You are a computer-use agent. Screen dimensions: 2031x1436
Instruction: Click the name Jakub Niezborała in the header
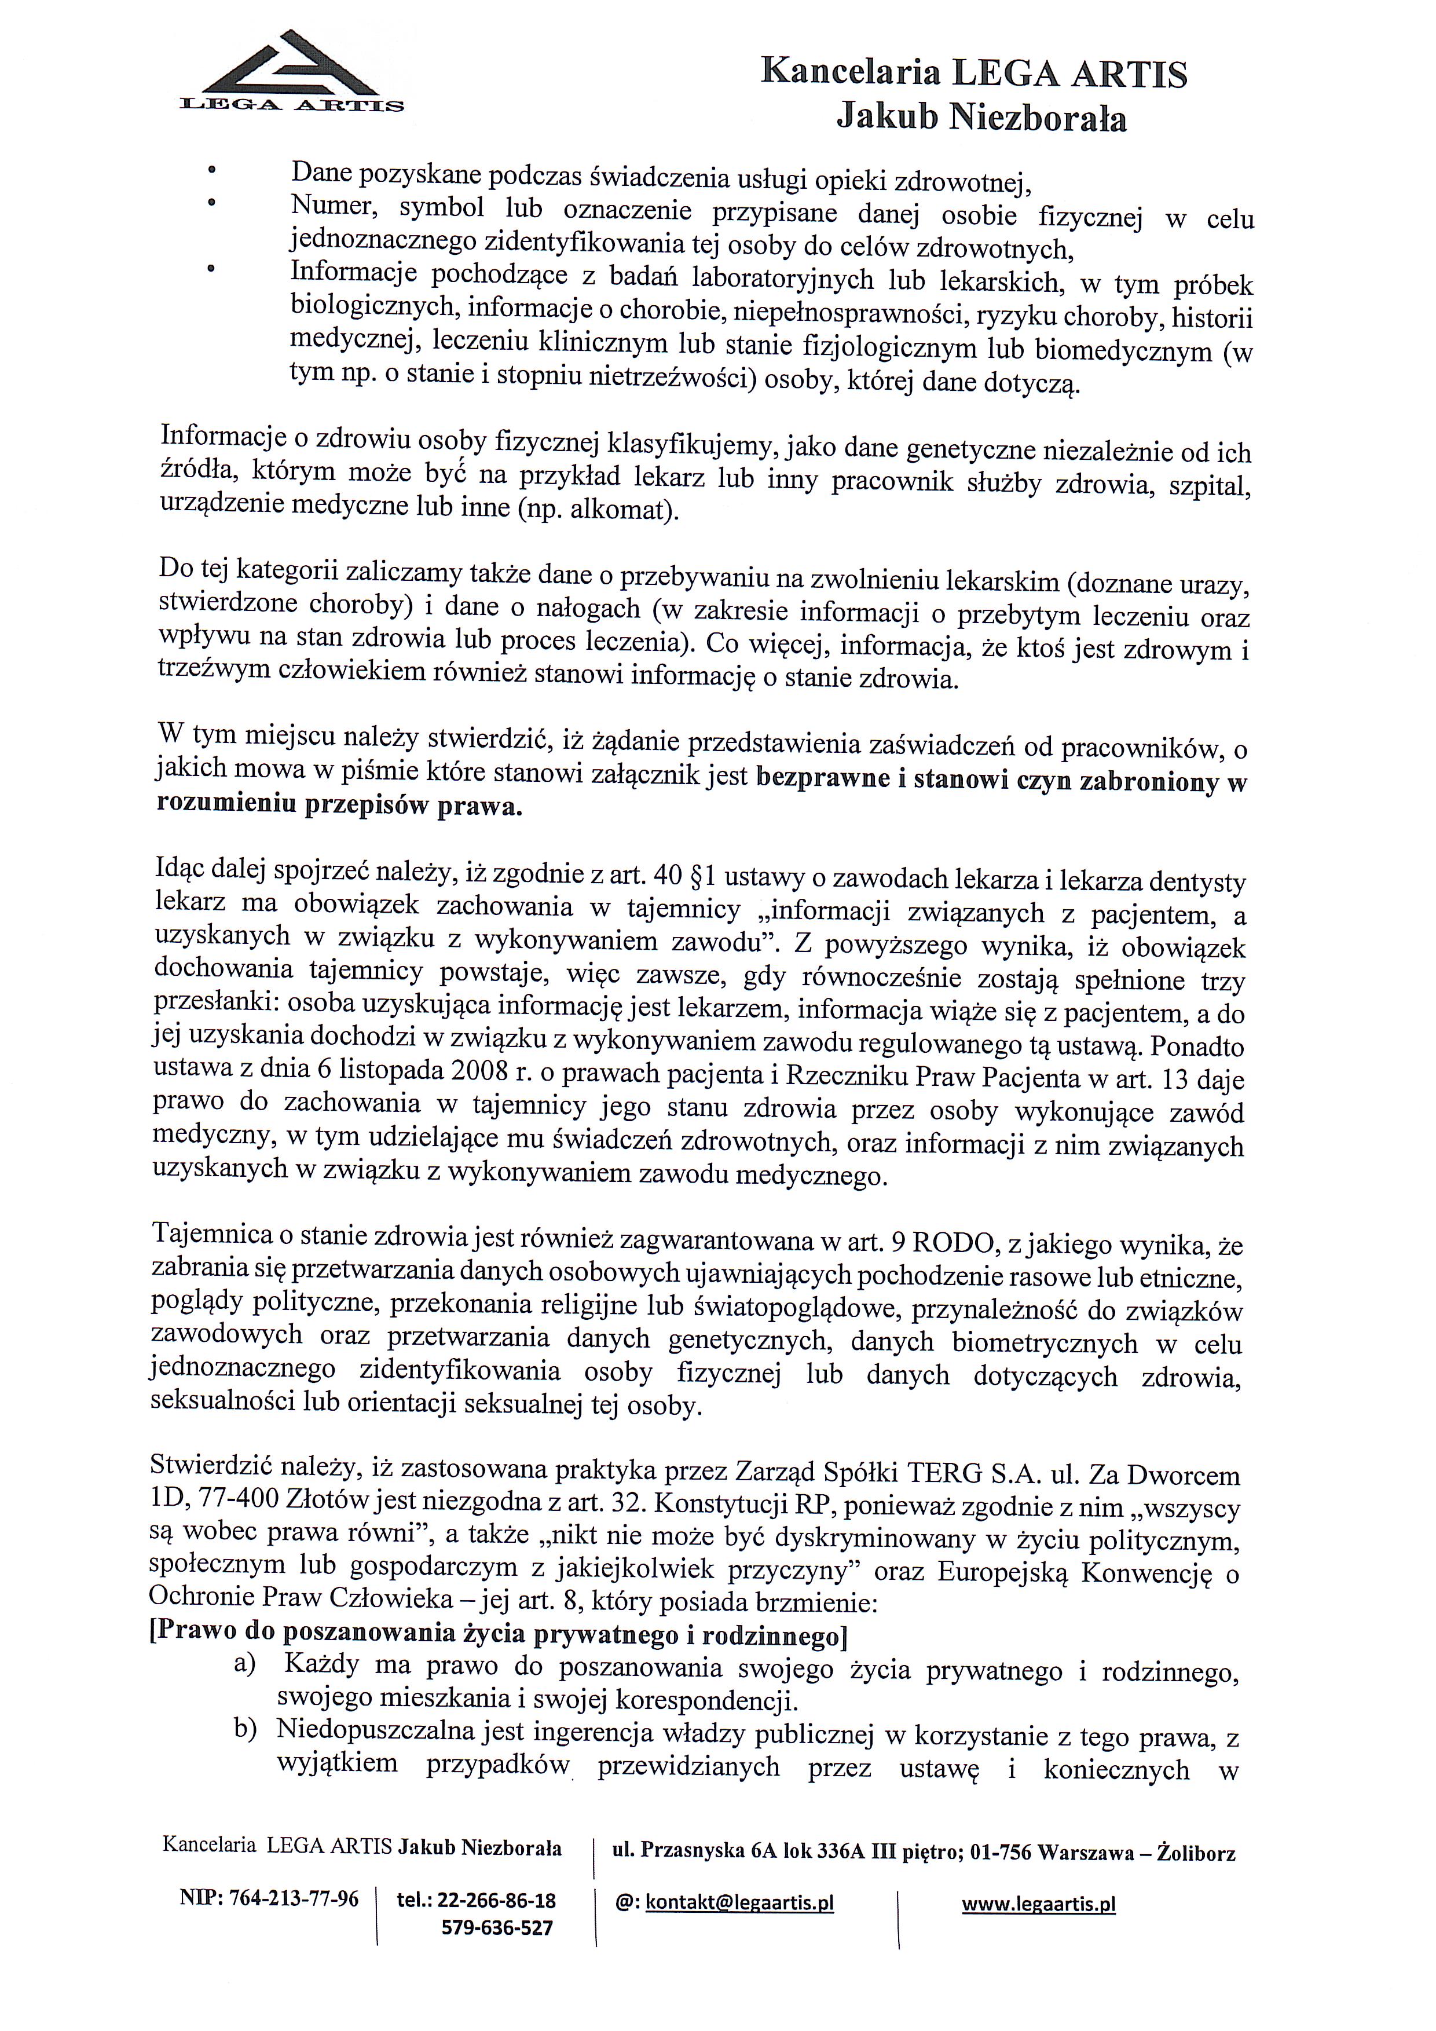pos(981,118)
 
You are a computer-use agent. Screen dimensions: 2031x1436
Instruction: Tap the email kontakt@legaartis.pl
pos(739,1903)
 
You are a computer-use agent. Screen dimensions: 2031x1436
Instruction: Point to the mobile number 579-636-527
pos(496,1927)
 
